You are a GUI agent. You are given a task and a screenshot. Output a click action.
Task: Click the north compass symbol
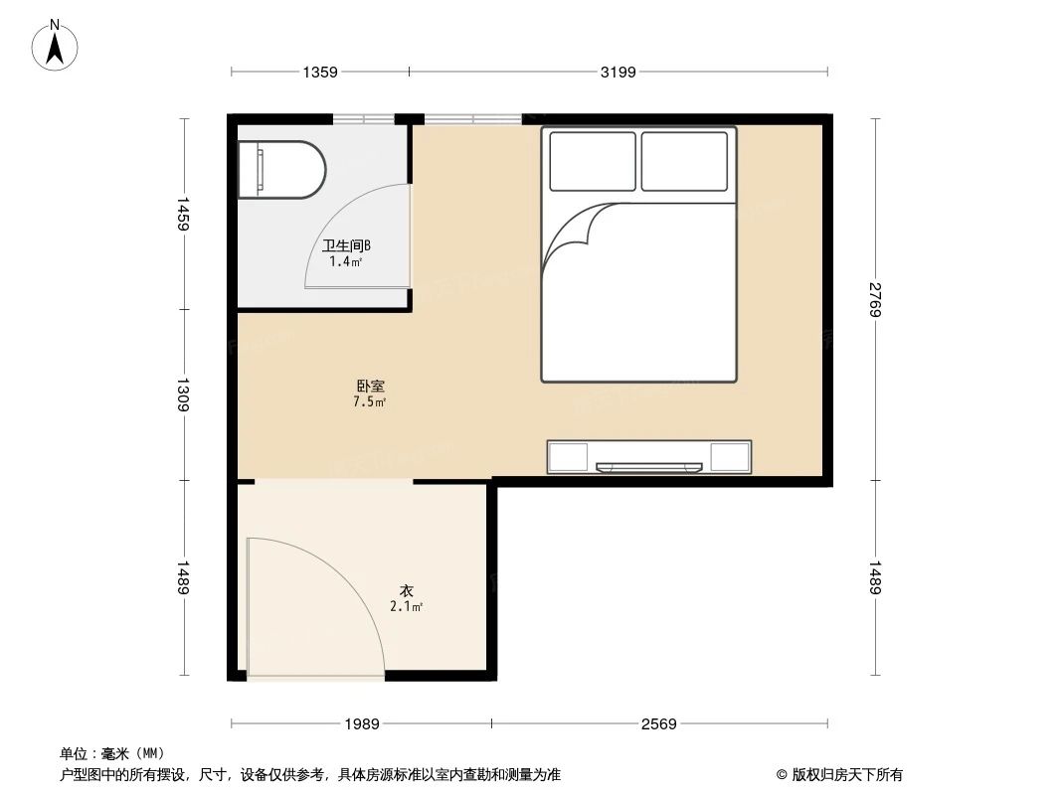[57, 46]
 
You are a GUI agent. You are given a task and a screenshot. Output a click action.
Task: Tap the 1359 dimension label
[320, 72]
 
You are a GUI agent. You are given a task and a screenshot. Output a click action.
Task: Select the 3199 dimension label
[618, 72]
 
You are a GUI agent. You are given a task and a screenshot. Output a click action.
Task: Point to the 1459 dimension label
[183, 214]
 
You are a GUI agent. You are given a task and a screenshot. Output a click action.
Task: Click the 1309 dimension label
[183, 395]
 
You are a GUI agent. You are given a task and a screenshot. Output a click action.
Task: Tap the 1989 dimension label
[362, 724]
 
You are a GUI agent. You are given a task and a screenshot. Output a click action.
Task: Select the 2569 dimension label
[658, 724]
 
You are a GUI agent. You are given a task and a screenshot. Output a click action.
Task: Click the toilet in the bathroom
[281, 169]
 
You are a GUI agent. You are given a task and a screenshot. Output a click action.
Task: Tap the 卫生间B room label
[346, 245]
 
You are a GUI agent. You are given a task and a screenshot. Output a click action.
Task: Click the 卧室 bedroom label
[370, 386]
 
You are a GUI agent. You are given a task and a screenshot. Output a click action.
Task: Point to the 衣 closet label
[407, 590]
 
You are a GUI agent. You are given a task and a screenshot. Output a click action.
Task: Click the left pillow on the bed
[592, 161]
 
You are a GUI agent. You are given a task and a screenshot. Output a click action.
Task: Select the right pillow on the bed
[684, 161]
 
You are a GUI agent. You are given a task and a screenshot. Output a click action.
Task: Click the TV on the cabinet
[648, 465]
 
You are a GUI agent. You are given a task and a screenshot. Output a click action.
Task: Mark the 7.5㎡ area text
[370, 402]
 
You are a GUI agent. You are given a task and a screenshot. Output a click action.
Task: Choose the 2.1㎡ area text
[407, 606]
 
